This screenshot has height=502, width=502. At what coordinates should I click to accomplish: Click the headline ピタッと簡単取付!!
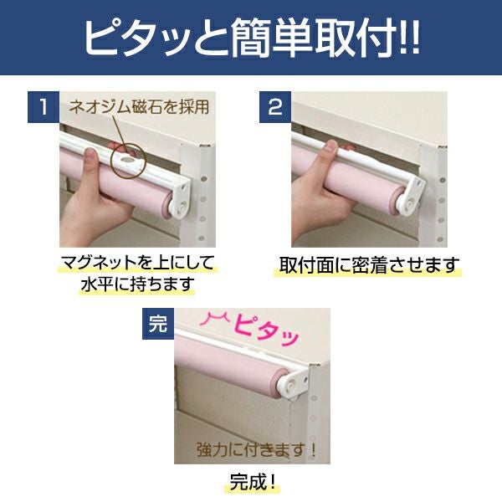point(252,38)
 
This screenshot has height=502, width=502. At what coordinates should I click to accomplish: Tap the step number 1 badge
point(44,107)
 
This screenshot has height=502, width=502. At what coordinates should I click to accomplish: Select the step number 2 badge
point(275,107)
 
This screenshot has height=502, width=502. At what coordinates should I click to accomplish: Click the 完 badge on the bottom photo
point(158,324)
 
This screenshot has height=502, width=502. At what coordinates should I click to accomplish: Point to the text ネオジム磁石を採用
point(139,106)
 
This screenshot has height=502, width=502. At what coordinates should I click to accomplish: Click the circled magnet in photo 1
point(129,158)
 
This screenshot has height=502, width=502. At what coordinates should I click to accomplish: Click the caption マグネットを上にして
point(138,264)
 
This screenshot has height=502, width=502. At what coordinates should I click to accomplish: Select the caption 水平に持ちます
point(138,284)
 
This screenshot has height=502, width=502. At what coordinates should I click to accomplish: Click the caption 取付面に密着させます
point(367,265)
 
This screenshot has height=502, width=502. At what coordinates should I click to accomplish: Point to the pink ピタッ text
point(266,331)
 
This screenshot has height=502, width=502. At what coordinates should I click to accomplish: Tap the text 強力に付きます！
point(257,450)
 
